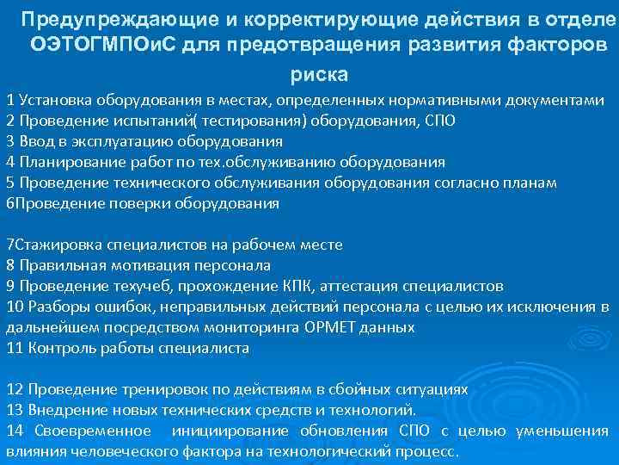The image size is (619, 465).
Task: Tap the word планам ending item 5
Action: (529, 183)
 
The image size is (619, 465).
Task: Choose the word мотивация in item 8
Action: (143, 265)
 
